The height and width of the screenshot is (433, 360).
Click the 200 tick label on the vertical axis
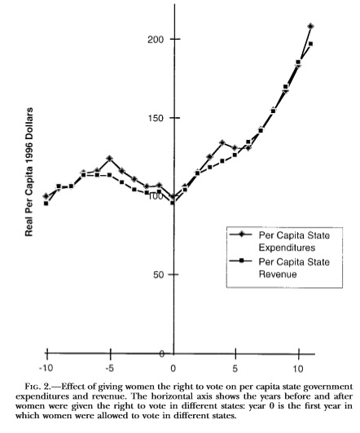tap(156, 40)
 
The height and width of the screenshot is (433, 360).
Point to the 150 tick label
tap(156, 119)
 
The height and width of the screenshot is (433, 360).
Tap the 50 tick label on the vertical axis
tap(159, 275)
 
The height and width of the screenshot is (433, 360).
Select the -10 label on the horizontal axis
tap(46, 369)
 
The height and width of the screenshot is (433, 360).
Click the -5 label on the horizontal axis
tap(109, 369)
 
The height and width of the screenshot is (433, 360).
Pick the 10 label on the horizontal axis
tap(298, 369)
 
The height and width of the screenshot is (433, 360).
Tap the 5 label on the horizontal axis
tap(235, 369)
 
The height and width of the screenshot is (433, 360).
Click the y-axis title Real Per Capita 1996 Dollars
tap(29, 172)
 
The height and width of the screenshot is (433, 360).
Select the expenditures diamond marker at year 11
tap(311, 26)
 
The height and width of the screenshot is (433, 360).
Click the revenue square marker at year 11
tap(310, 44)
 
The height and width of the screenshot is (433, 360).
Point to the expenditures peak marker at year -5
tap(110, 158)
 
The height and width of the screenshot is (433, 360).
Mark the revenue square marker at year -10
tap(46, 203)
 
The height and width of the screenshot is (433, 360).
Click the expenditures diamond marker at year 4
tap(222, 142)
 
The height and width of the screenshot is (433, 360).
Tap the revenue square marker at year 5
tap(235, 155)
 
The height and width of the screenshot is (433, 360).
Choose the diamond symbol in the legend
tap(242, 234)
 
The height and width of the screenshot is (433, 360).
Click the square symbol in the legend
tap(242, 260)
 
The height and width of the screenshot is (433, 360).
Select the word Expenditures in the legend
tap(287, 247)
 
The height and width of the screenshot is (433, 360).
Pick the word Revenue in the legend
tap(278, 274)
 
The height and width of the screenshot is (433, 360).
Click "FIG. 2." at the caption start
tap(37, 387)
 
